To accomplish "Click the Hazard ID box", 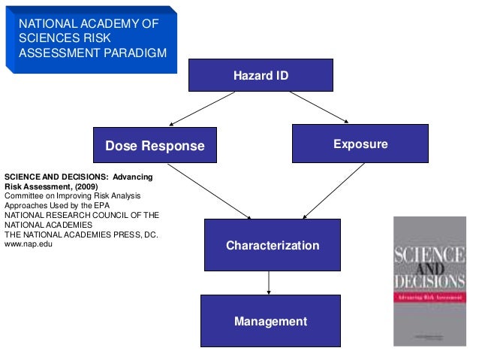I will (x=260, y=75).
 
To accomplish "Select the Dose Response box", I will (x=155, y=145).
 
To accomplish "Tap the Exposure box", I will (x=360, y=144).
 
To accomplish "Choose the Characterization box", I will (x=273, y=245).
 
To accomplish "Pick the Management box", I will (x=270, y=321).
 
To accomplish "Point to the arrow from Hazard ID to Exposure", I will (x=319, y=106).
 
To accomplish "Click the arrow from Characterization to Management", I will (x=269, y=283).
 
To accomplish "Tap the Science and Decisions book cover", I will (x=429, y=280).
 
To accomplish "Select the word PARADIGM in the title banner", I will (x=134, y=53).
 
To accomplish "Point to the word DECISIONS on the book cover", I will (x=429, y=282).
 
